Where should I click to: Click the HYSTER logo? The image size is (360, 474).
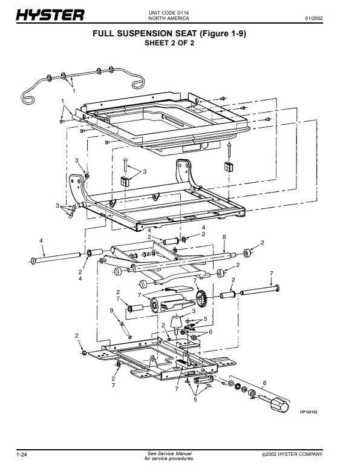pyautogui.click(x=50, y=15)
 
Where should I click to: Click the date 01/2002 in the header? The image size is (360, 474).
pyautogui.click(x=313, y=18)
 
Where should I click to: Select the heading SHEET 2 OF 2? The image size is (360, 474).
pyautogui.click(x=169, y=43)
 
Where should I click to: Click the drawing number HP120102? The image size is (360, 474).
pyautogui.click(x=309, y=412)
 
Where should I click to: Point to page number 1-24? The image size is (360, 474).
pyautogui.click(x=21, y=455)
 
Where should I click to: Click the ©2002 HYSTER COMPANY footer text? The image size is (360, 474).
pyautogui.click(x=292, y=455)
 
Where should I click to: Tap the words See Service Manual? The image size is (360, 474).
pyautogui.click(x=169, y=453)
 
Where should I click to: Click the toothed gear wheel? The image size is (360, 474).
pyautogui.click(x=200, y=298)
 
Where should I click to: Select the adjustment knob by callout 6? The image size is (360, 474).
pyautogui.click(x=279, y=405)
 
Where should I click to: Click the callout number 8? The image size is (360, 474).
pyautogui.click(x=224, y=237)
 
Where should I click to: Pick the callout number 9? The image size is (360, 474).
pyautogui.click(x=111, y=310)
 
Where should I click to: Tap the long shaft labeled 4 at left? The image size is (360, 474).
pyautogui.click(x=56, y=257)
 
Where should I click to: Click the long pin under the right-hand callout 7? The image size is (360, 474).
pyautogui.click(x=260, y=289)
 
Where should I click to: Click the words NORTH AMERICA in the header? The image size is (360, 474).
pyautogui.click(x=169, y=18)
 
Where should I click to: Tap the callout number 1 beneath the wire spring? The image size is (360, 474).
pyautogui.click(x=74, y=90)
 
